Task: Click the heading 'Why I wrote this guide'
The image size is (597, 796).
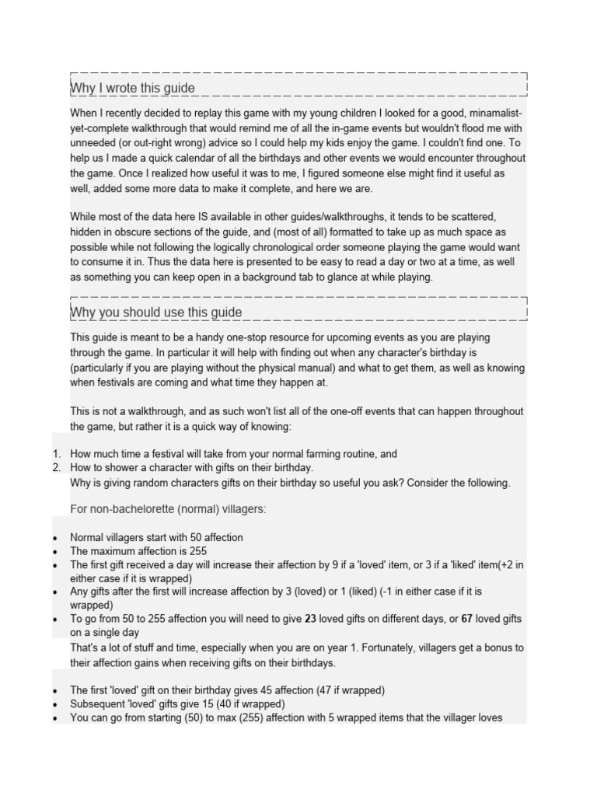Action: pyautogui.click(x=132, y=88)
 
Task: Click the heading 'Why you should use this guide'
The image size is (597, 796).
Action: pyautogui.click(x=155, y=312)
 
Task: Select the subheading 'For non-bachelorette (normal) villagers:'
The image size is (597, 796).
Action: pyautogui.click(x=169, y=508)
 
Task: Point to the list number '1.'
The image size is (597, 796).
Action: pyautogui.click(x=57, y=454)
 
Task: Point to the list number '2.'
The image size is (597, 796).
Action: pyautogui.click(x=57, y=467)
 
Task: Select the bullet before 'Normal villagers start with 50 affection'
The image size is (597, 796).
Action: pyautogui.click(x=55, y=538)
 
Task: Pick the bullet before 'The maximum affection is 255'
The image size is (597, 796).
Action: pyautogui.click(x=55, y=551)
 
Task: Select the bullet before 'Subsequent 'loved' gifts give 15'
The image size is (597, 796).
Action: pyautogui.click(x=55, y=704)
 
